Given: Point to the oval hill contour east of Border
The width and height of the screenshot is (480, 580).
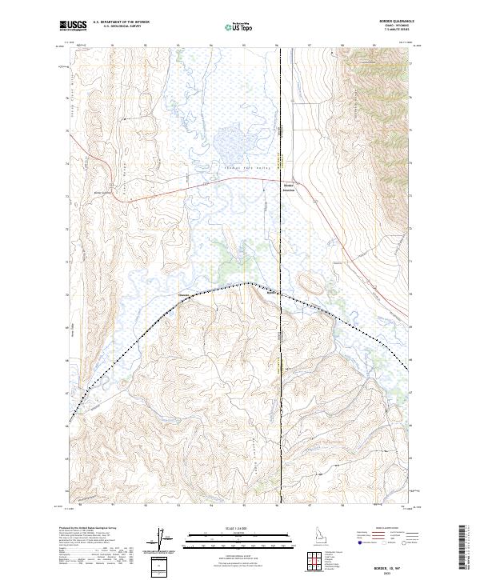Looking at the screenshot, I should pos(308,282).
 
